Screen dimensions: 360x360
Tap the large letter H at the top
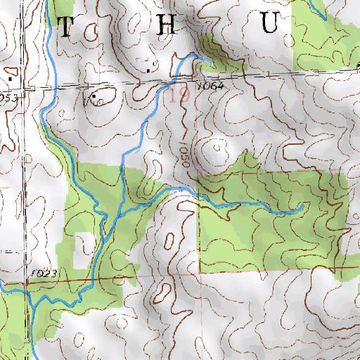coord(166,25)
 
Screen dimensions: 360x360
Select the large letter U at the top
coord(270,25)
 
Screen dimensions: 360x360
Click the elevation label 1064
coord(210,85)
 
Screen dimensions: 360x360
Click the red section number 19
coord(179,96)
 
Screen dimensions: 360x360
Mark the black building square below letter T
coord(93,95)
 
